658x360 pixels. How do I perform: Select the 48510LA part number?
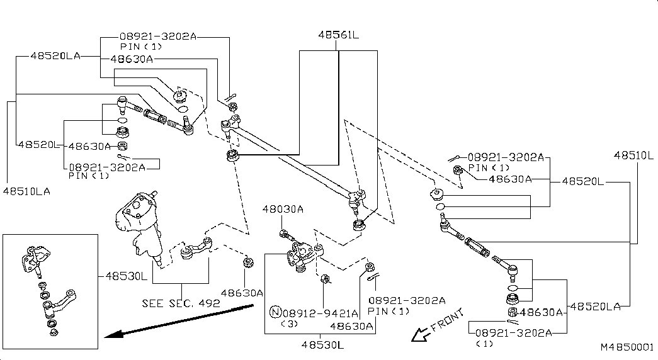pos(26,189)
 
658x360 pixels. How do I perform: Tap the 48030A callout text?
pos(283,210)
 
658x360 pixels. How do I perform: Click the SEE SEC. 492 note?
pos(181,303)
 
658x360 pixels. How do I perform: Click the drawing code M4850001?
pos(627,347)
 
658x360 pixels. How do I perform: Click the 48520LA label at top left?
pos(55,55)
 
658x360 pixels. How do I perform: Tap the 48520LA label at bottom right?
pos(595,306)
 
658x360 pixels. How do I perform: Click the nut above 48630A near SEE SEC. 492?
pos(248,262)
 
